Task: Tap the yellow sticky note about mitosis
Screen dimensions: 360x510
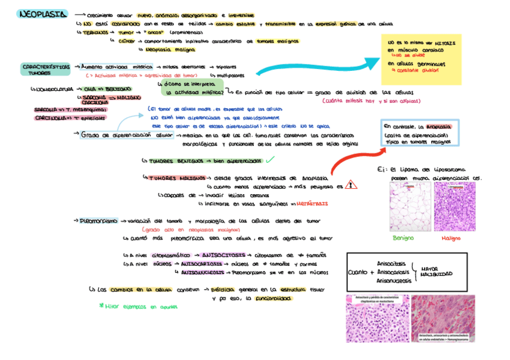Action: (x=422, y=59)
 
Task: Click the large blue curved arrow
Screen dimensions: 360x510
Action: (x=313, y=67)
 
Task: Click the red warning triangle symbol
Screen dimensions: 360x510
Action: (x=351, y=186)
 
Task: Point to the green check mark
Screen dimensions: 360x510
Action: (x=271, y=160)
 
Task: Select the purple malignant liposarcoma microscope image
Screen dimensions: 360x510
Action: (x=455, y=206)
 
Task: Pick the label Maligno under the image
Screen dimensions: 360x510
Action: (x=450, y=238)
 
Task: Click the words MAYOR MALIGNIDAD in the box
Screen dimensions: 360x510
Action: (x=436, y=272)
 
